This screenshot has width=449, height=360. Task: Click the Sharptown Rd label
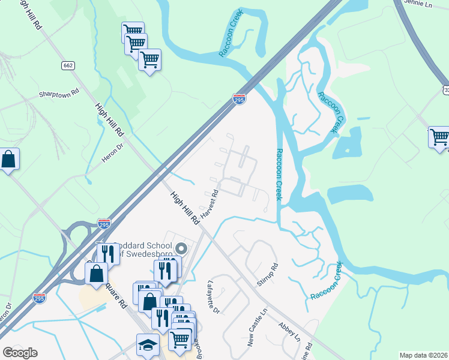tap(59, 94)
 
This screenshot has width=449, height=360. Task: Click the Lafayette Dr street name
tap(214, 297)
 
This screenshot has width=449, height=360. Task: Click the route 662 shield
tap(67, 65)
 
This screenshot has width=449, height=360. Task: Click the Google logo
tap(20, 353)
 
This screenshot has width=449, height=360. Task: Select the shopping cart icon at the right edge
tap(439, 137)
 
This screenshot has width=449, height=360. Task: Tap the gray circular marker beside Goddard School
tap(181, 248)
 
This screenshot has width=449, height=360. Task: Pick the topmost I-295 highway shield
tap(239, 99)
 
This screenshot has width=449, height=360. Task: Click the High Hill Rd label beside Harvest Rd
tap(184, 208)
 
